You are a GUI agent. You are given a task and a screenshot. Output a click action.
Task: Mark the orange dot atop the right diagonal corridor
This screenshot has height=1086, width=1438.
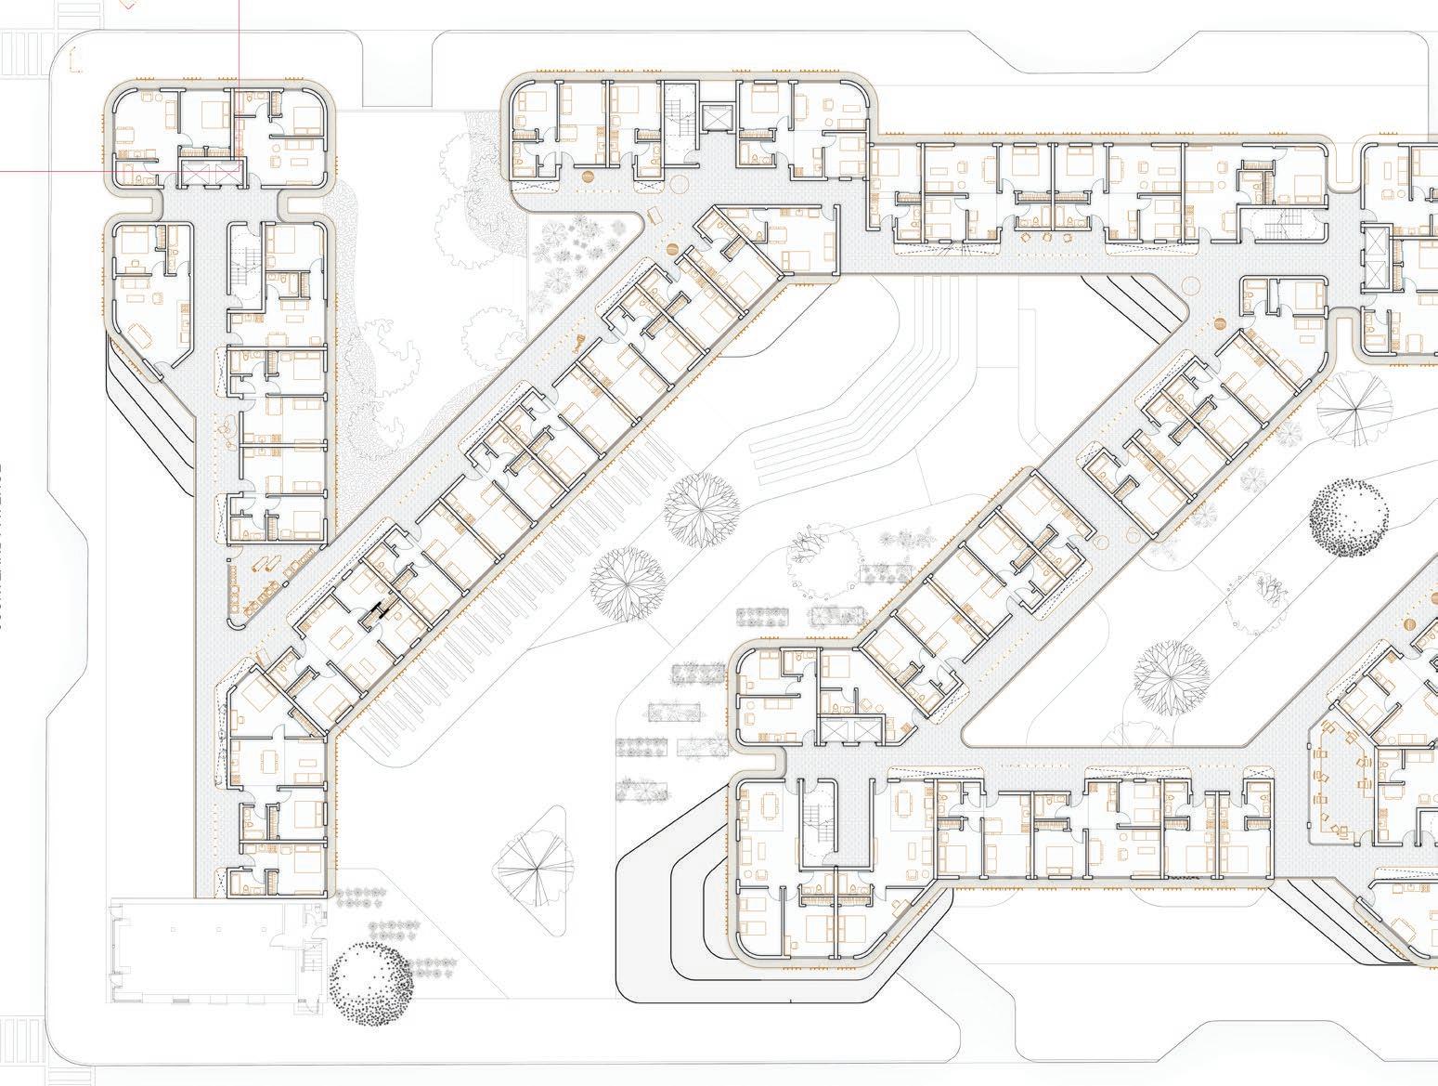(x=1218, y=325)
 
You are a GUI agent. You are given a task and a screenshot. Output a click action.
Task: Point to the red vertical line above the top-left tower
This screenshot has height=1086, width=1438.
(x=239, y=37)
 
